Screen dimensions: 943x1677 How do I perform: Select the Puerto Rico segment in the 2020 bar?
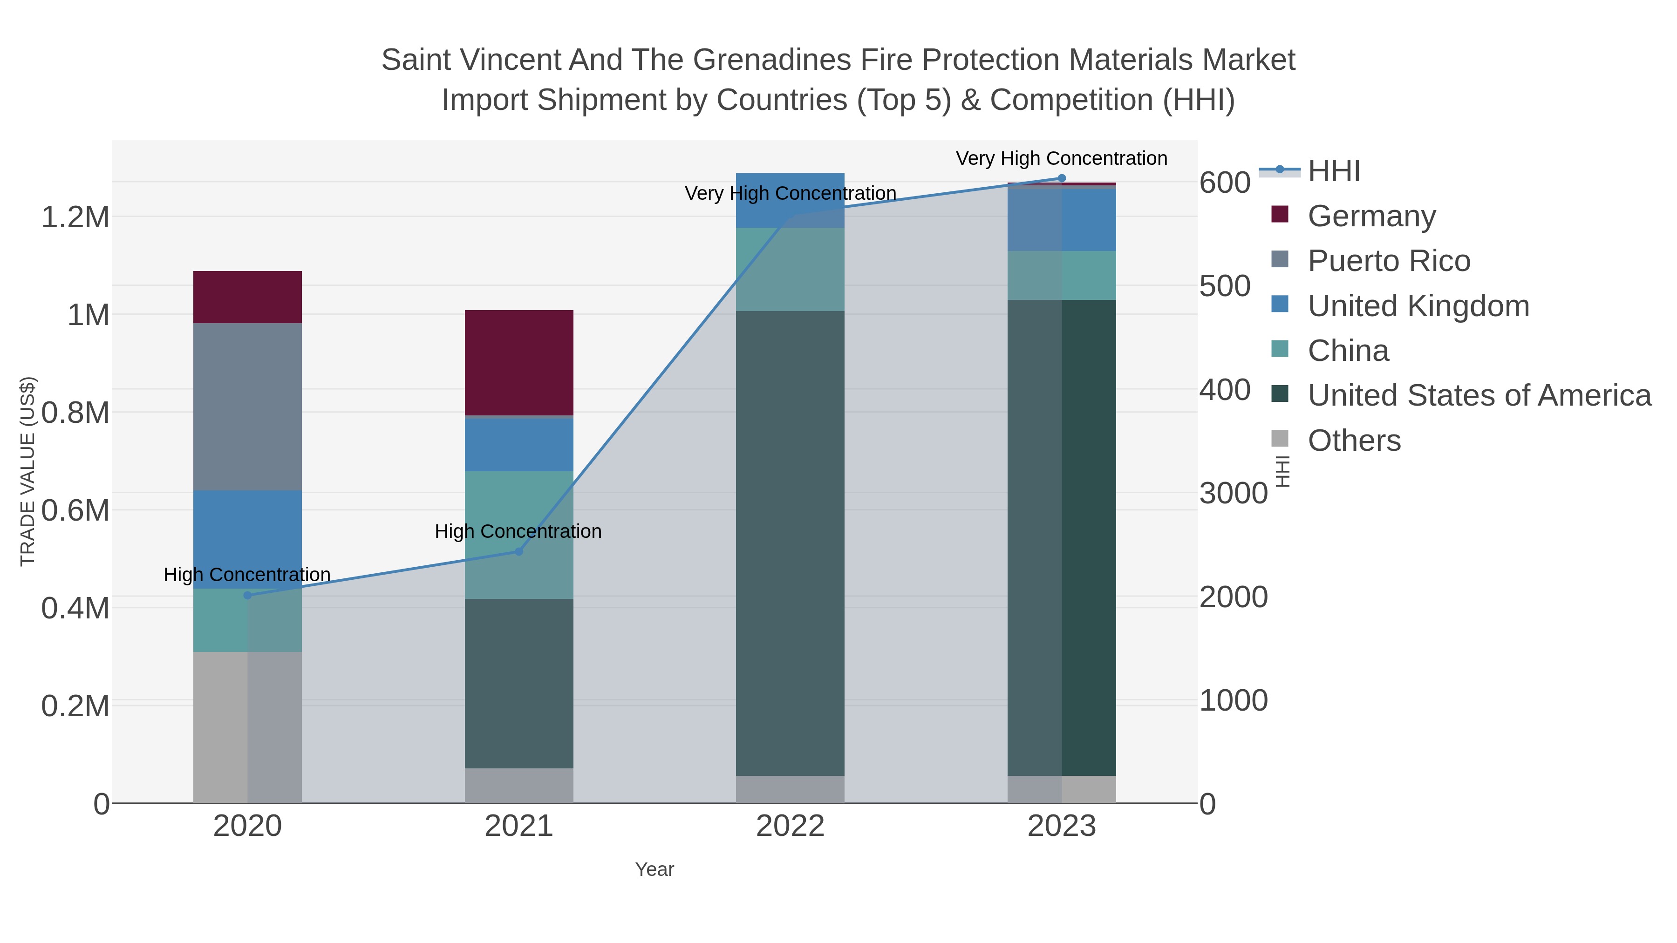pos(247,406)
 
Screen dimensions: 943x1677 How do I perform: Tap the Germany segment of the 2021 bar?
pos(519,362)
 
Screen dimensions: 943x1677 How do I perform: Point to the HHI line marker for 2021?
pos(519,552)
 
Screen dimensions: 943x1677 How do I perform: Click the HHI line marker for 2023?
pos(1062,178)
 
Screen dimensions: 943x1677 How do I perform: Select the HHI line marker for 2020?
pos(247,596)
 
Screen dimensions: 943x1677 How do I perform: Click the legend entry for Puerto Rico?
pos(1388,261)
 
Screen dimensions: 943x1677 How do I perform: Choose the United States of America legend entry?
pos(1479,396)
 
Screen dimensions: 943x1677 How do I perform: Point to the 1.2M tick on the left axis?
pos(75,217)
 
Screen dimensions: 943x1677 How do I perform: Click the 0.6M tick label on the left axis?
pos(75,510)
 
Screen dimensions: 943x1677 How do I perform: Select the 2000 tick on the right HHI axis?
pos(1234,597)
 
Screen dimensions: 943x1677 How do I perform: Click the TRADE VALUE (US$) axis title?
pos(28,471)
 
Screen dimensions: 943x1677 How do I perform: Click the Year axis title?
pos(654,869)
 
